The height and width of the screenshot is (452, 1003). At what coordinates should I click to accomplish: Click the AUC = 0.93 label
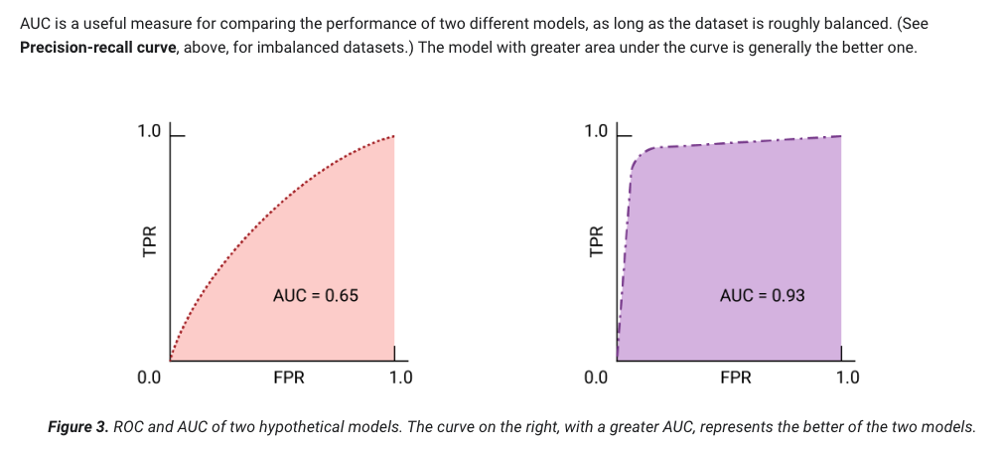point(762,295)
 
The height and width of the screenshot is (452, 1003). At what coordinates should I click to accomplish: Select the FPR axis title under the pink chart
point(289,377)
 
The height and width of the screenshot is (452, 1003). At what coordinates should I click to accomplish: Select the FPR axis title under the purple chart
point(736,377)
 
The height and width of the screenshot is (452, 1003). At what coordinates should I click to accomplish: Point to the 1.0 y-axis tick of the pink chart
point(149,131)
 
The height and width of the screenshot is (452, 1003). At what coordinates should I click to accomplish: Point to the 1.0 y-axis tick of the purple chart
point(596,131)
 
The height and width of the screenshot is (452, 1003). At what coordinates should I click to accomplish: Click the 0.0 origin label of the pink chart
point(149,377)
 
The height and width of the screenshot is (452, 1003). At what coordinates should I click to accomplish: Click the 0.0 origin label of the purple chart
point(596,377)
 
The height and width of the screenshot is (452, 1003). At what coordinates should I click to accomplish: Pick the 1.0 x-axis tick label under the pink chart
point(401,377)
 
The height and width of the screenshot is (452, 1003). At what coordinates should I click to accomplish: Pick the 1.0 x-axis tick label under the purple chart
point(848,377)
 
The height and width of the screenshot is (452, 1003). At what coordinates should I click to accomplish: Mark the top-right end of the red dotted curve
point(393,136)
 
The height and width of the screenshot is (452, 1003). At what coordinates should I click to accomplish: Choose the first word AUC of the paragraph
point(36,22)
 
